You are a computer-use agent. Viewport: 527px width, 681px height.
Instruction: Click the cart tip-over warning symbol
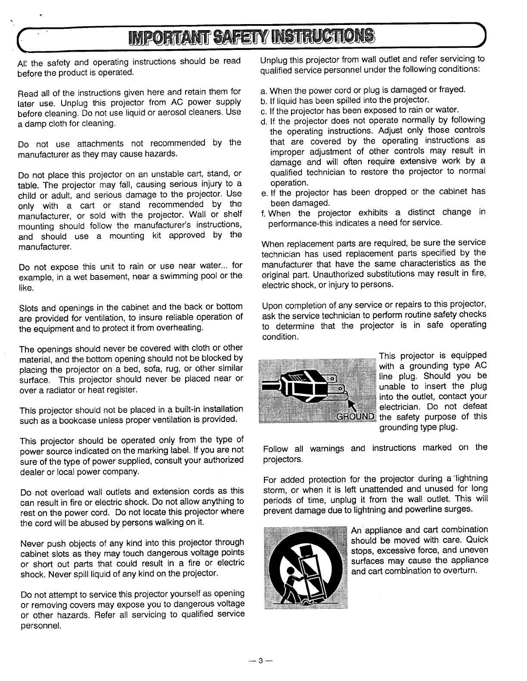tap(305, 567)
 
